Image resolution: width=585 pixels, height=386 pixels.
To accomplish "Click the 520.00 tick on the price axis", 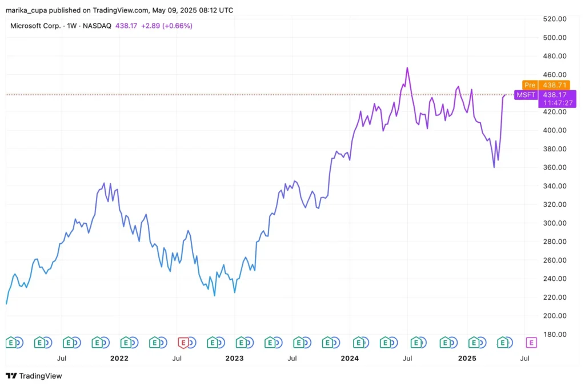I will click(554, 19).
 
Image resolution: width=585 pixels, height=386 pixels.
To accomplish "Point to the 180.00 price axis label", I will click(554, 335).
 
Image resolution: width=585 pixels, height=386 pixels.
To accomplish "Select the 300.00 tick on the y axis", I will click(554, 223).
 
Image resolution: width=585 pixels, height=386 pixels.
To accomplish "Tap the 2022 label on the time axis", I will click(119, 359).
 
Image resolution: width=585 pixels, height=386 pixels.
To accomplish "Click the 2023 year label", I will click(234, 359).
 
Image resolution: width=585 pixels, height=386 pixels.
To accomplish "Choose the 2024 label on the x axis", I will click(350, 359).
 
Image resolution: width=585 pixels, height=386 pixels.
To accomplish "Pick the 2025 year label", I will click(467, 359).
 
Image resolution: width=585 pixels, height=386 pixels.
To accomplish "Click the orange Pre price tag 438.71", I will click(546, 85).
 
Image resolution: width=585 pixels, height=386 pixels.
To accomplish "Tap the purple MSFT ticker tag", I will click(525, 95).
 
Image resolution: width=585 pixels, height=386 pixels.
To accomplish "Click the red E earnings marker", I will click(183, 343).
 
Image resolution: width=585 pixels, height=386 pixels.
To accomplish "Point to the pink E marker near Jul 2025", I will click(531, 343).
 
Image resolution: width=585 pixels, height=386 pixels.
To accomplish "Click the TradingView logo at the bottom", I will click(34, 376).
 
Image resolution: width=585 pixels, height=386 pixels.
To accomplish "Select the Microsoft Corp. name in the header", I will click(35, 26).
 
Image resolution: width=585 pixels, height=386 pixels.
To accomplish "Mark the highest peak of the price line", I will click(407, 67).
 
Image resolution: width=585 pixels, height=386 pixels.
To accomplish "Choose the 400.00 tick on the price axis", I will click(554, 130).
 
